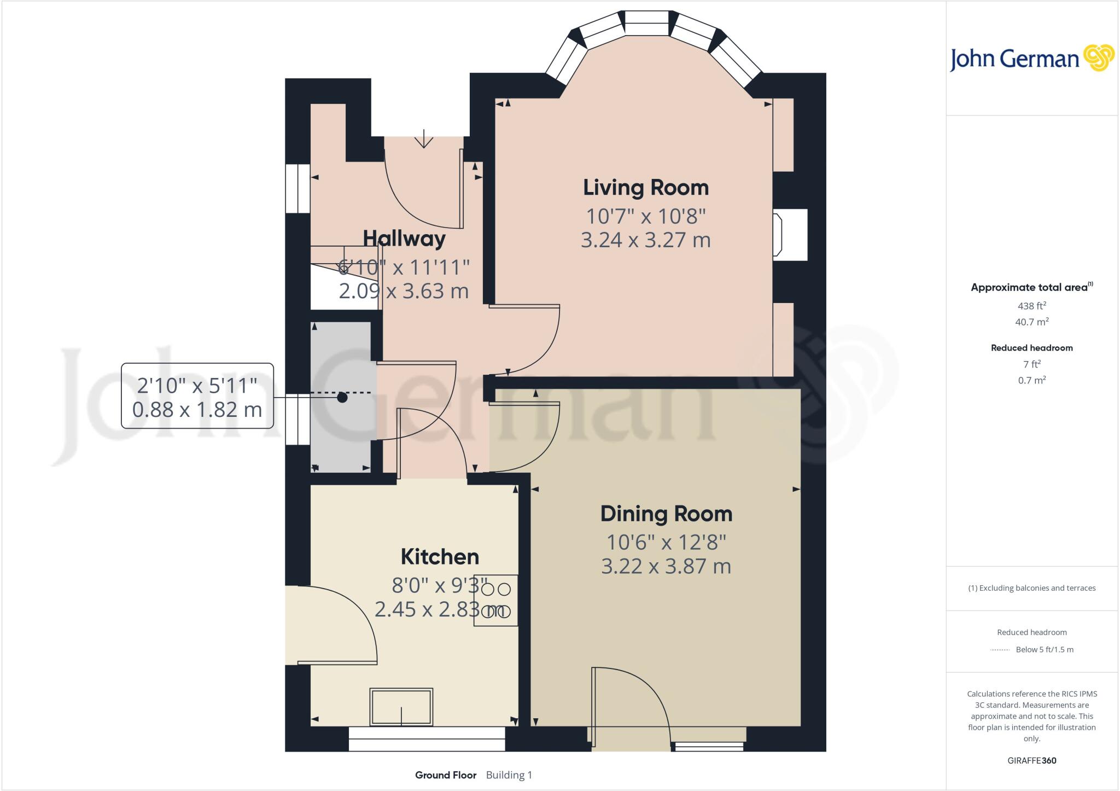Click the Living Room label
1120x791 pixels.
[x=645, y=188]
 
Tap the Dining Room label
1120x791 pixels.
[x=666, y=514]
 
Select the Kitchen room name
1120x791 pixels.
[x=440, y=557]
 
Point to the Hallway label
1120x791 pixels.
[x=404, y=239]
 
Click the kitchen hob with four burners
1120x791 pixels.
[x=495, y=600]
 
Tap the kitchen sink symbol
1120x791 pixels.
[x=401, y=707]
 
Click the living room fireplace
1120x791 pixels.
[x=789, y=235]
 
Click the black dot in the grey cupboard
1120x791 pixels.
[x=342, y=398]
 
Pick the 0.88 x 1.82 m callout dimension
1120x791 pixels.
[x=197, y=409]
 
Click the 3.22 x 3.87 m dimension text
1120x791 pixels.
[x=666, y=566]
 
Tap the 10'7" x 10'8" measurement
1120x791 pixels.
[x=645, y=217]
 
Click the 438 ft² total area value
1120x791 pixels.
[x=1031, y=306]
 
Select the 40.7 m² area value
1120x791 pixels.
[x=1031, y=322]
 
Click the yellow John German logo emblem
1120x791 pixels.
[x=1098, y=57]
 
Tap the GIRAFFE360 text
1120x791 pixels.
[x=1031, y=760]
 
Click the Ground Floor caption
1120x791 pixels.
[x=445, y=775]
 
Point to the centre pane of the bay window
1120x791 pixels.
[x=646, y=25]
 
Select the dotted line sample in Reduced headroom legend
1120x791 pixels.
[x=999, y=650]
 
